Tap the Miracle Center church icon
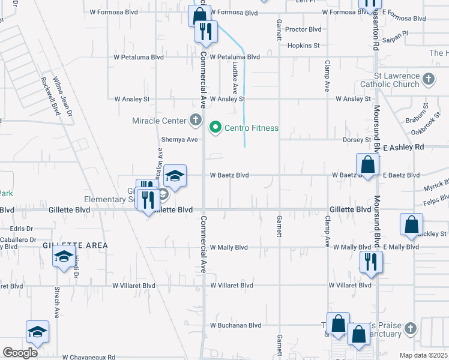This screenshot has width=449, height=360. pyautogui.click(x=195, y=121)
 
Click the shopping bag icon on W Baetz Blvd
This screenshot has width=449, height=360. pyautogui.click(x=367, y=164)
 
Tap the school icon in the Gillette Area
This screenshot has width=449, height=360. pyautogui.click(x=63, y=258)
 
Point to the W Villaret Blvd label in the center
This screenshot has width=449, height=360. pyautogui.click(x=232, y=286)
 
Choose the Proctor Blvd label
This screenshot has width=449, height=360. pyautogui.click(x=303, y=29)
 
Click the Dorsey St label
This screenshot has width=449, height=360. pyautogui.click(x=357, y=140)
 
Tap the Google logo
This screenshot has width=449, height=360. pyautogui.click(x=20, y=353)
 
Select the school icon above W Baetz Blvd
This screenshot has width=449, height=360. pyautogui.click(x=175, y=176)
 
